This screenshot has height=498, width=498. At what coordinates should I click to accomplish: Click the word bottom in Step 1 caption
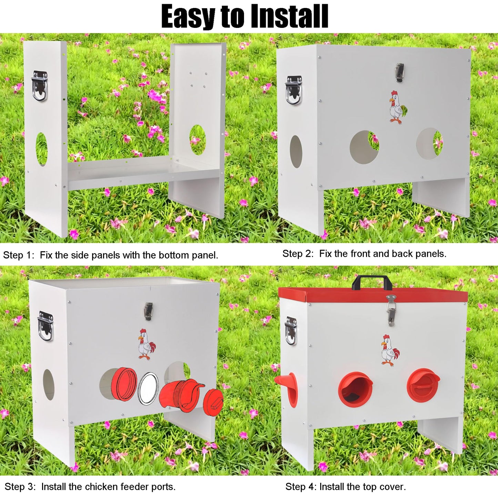point(173,255)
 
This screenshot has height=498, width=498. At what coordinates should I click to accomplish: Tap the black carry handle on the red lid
point(371,283)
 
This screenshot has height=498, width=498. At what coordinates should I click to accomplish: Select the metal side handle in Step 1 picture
point(40,86)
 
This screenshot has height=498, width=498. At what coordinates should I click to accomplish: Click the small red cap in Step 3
point(213,403)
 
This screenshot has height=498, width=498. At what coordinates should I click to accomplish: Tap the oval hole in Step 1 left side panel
point(42,149)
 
